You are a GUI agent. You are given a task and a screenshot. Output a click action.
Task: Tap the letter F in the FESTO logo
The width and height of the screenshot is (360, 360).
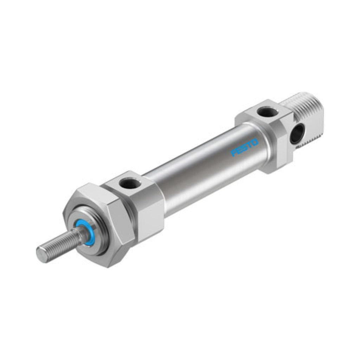233,154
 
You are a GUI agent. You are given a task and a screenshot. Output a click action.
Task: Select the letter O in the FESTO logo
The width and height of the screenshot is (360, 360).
255,143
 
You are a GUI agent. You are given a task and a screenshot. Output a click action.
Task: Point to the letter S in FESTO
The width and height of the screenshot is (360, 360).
244,148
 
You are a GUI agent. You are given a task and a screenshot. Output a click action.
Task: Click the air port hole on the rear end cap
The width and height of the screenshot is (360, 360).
268,112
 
